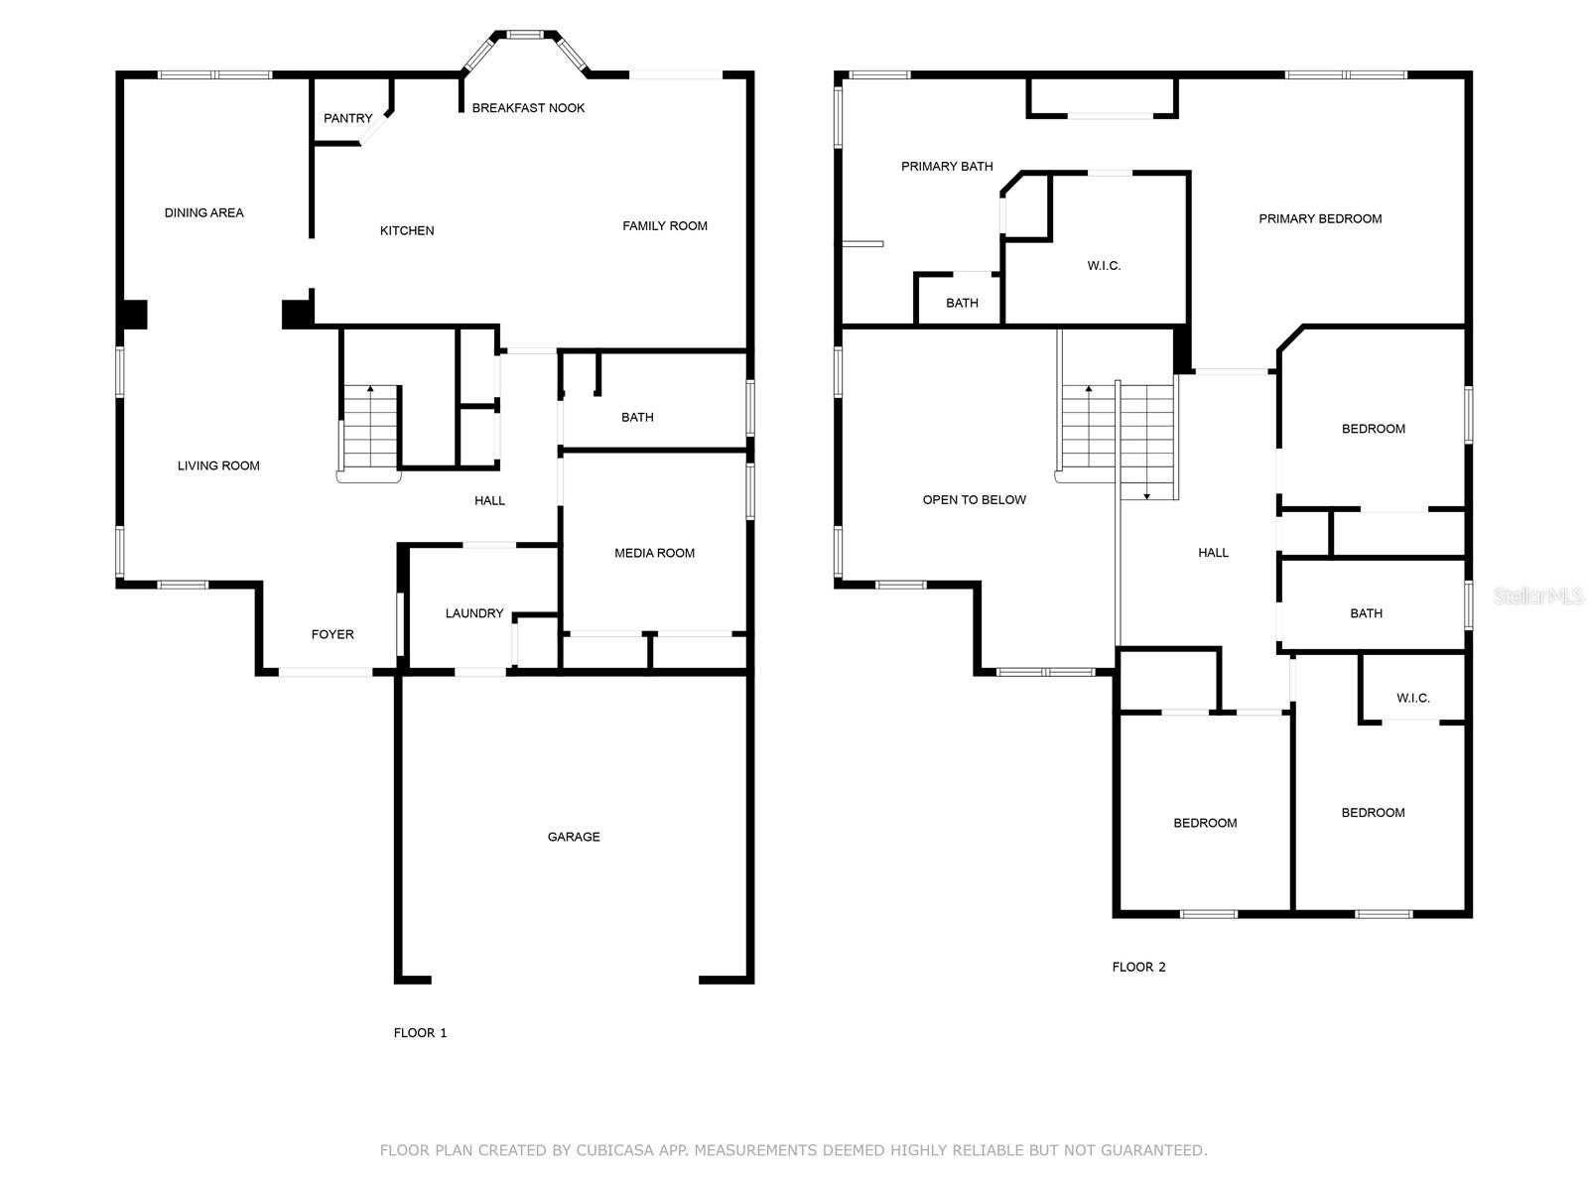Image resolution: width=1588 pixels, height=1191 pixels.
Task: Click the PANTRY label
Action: (347, 118)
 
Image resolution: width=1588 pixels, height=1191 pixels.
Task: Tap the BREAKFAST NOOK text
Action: (528, 108)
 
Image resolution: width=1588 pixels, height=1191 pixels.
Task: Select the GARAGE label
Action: (574, 837)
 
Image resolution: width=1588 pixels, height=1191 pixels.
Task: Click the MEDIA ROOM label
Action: (654, 553)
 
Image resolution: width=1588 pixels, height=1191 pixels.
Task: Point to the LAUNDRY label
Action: (474, 613)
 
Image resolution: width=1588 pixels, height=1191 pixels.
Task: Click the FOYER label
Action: (332, 634)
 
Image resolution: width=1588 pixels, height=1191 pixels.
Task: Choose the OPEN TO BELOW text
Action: (974, 499)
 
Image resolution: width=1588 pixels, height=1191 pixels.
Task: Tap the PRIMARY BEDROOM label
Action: (1320, 218)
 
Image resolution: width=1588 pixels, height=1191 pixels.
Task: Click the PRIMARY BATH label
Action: (947, 167)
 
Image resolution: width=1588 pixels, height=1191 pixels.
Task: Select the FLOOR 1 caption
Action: (420, 1032)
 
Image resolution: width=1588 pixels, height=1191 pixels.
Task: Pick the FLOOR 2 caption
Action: (1138, 967)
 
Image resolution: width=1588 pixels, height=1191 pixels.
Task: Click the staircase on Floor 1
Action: (371, 429)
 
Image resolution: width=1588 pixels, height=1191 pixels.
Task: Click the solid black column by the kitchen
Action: (297, 314)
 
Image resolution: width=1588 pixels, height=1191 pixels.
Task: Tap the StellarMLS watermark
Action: (1538, 595)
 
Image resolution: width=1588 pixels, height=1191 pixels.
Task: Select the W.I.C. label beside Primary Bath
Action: (1104, 266)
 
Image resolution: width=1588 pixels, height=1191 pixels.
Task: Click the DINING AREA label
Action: (203, 212)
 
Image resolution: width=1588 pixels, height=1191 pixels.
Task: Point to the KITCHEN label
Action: (407, 230)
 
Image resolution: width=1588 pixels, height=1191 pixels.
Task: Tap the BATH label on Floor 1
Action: (637, 417)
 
